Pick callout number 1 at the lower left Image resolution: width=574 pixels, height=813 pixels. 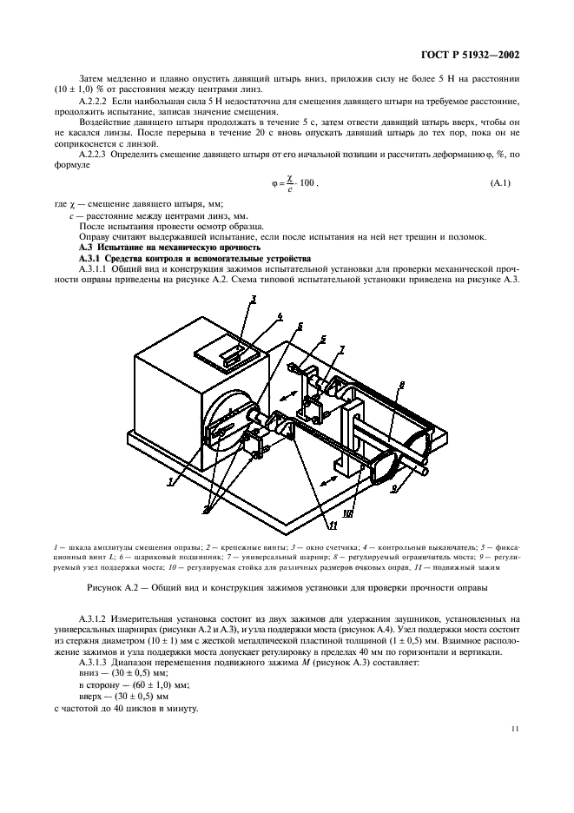(x=174, y=479)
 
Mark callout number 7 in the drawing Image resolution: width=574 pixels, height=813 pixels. (x=340, y=349)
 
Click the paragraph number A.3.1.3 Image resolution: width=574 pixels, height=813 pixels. (x=96, y=661)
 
